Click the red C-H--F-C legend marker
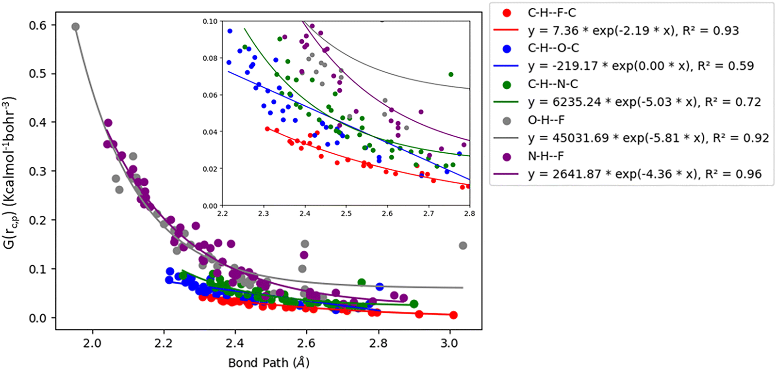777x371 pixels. (507, 13)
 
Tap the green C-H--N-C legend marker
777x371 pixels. (507, 84)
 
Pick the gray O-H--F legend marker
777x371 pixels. (507, 120)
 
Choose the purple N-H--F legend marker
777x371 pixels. (507, 157)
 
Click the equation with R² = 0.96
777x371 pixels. (645, 174)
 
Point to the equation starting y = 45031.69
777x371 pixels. (648, 138)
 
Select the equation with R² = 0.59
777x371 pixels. (641, 66)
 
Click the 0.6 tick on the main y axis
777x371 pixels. (38, 25)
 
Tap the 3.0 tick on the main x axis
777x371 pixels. (449, 343)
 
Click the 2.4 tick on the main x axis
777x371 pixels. (235, 343)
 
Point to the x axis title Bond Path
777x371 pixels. (268, 362)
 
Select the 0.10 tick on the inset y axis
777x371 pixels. (210, 21)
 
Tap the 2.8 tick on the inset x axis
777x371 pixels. (469, 213)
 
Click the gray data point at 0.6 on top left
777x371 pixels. (75, 27)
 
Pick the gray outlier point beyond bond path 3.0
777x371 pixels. (463, 245)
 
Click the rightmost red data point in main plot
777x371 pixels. (453, 315)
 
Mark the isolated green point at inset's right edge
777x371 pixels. (451, 75)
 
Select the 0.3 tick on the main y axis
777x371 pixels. (38, 171)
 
